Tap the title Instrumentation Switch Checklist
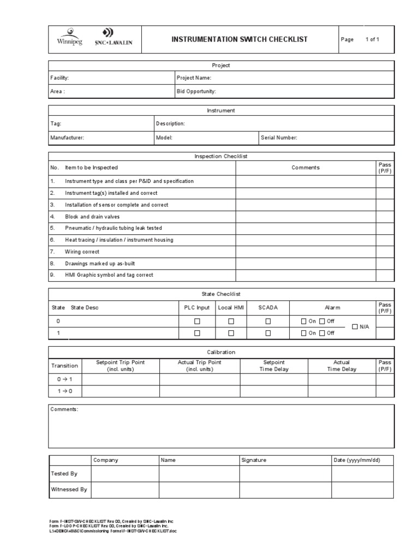point(240,39)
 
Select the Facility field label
point(59,78)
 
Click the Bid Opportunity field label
point(196,91)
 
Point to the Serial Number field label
point(279,138)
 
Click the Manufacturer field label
point(67,138)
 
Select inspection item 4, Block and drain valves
point(92,217)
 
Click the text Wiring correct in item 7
point(82,252)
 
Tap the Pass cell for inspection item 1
point(385,181)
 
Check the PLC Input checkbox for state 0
point(197,322)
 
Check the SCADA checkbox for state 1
point(268,333)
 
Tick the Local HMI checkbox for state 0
point(231,322)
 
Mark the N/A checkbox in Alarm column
point(355,327)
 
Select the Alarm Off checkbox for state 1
point(322,333)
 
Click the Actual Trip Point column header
point(200,366)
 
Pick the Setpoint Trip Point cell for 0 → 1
point(119,379)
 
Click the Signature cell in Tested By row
point(285,474)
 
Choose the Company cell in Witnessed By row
point(124,490)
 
